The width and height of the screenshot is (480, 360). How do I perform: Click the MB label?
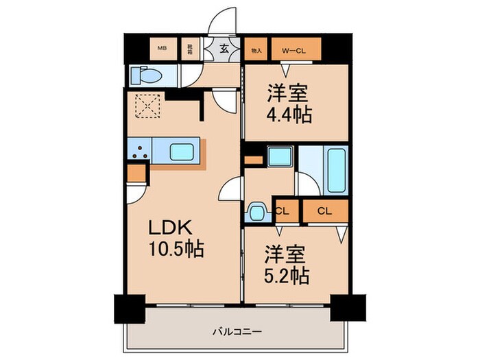[163, 48]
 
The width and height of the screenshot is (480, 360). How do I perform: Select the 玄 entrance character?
[224, 48]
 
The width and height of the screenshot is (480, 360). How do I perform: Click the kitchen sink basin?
[182, 151]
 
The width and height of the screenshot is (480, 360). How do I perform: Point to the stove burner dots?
[140, 152]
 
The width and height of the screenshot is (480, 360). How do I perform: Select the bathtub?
[337, 169]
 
